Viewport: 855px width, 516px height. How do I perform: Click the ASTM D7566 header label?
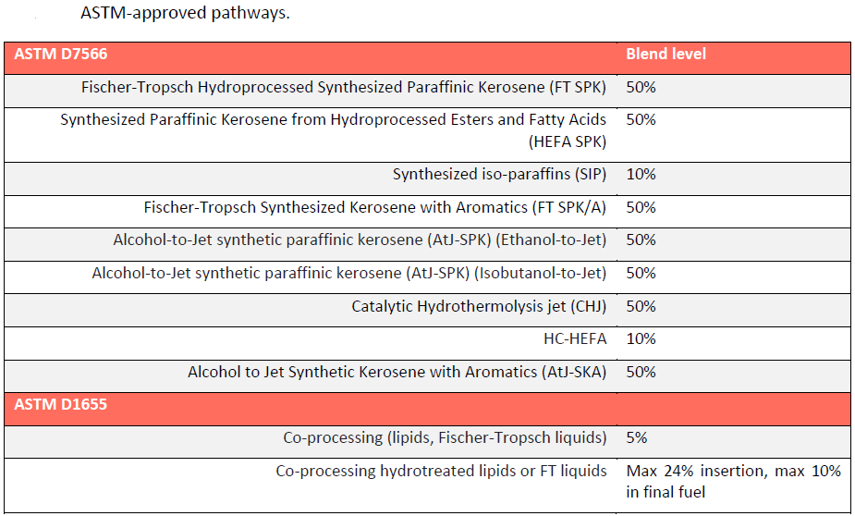coord(61,55)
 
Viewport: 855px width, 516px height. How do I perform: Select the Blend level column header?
coord(666,55)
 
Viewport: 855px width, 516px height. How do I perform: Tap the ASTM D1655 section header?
coord(61,404)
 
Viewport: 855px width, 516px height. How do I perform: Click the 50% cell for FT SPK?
coord(641,88)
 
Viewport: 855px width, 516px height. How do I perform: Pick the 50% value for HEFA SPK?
coord(641,120)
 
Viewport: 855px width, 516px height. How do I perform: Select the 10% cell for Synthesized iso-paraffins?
coord(641,175)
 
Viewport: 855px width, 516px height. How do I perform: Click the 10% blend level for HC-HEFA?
coord(641,339)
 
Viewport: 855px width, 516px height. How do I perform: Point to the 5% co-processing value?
coord(636,437)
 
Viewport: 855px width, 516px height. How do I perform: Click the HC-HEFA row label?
coord(575,339)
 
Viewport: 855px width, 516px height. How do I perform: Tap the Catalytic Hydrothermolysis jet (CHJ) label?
coord(479,306)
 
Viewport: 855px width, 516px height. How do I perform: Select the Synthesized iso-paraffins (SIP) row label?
coord(499,175)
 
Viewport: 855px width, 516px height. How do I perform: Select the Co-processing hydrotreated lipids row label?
coord(441,471)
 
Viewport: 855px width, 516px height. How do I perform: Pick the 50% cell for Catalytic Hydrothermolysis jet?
coord(641,306)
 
